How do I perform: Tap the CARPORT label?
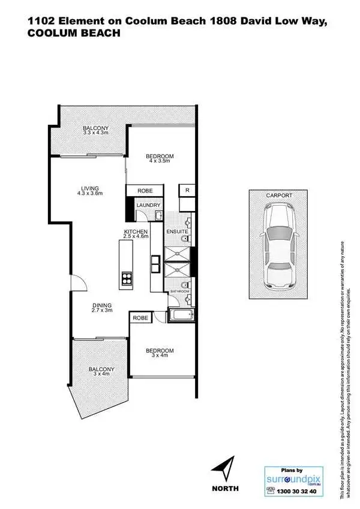279,195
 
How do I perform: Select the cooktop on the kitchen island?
127,278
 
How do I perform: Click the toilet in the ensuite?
187,239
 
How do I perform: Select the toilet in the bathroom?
187,285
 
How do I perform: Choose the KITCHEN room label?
136,231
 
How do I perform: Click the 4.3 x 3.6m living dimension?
90,194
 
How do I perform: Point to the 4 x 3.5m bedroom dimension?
160,161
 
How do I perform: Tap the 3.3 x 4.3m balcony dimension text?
96,132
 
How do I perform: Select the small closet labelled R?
187,190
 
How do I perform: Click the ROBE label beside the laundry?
145,190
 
